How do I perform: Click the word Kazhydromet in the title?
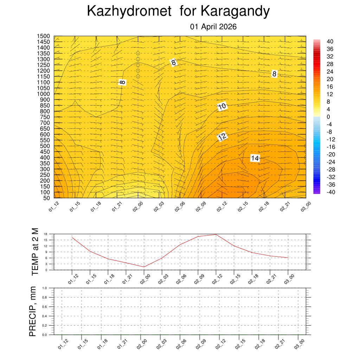[x=130, y=12]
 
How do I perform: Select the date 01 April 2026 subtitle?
[x=213, y=27]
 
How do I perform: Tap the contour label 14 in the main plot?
[x=255, y=158]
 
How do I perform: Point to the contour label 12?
[x=222, y=137]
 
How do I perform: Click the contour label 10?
[x=222, y=106]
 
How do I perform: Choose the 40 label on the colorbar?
[x=330, y=41]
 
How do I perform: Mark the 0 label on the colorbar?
[x=328, y=117]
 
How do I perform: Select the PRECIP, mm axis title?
[x=33, y=311]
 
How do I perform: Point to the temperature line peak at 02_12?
[x=216, y=234]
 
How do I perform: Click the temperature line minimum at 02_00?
[x=144, y=267]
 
